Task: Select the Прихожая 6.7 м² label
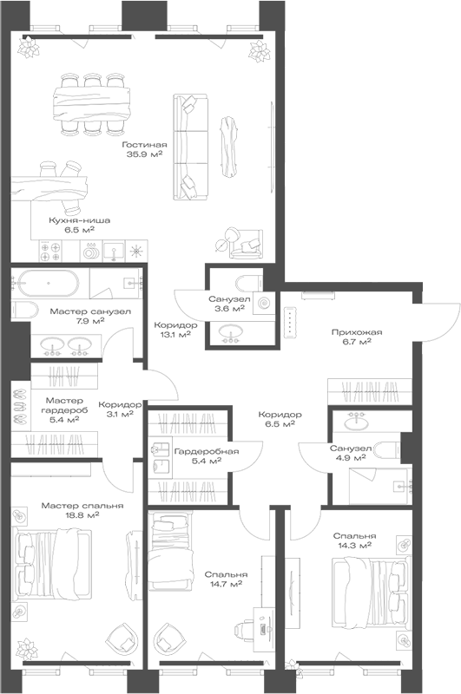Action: (351, 337)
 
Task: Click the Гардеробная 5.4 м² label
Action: (206, 456)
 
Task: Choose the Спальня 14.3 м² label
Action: (352, 541)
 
